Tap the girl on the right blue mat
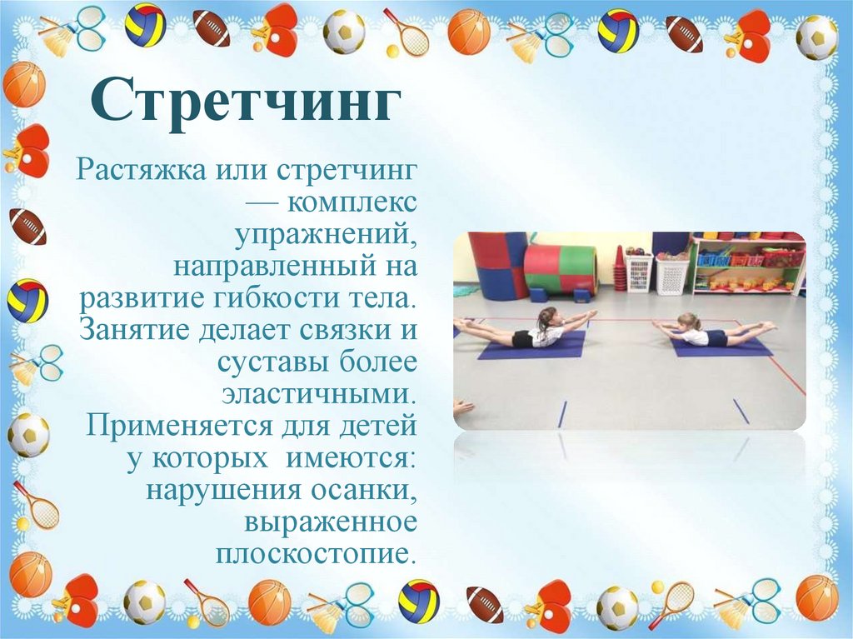708,332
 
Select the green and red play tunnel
560,267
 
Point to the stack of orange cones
619,268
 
